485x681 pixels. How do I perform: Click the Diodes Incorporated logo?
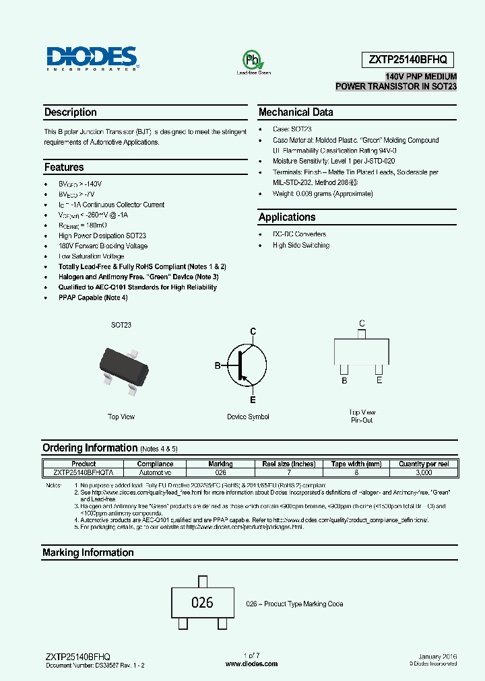tap(92, 59)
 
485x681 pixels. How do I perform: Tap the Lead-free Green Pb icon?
tap(252, 61)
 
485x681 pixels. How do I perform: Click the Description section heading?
tap(71, 112)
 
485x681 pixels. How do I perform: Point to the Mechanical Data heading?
tap(296, 112)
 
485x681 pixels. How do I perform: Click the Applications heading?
tap(287, 217)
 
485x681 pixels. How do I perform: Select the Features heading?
tap(64, 167)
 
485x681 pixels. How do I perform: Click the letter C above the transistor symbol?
tap(253, 331)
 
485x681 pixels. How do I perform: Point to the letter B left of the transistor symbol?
tap(218, 365)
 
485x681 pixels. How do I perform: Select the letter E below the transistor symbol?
tap(253, 400)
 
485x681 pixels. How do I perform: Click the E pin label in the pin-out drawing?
tap(379, 380)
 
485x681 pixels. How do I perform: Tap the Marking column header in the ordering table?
tap(220, 464)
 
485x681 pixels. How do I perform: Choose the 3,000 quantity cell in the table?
tap(424, 473)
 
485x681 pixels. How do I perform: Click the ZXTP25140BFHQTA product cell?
tap(84, 473)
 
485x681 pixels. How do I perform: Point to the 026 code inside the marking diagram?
tap(202, 603)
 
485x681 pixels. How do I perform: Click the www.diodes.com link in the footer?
tap(251, 664)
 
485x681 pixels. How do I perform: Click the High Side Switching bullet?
tap(301, 246)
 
